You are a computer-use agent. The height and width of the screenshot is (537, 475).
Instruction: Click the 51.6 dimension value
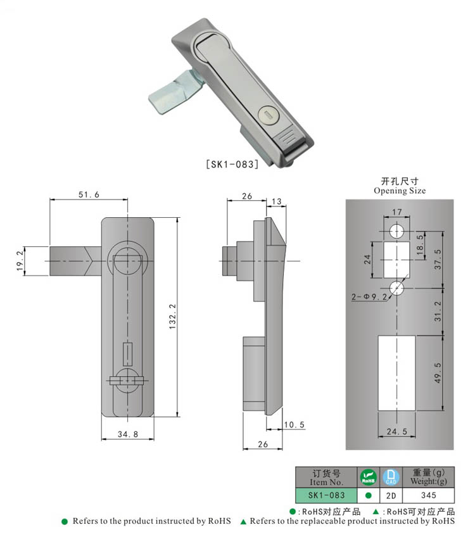tap(89, 195)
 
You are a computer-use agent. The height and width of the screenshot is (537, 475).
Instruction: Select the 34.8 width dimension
tap(126, 434)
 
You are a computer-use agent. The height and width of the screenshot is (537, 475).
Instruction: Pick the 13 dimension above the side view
tap(277, 201)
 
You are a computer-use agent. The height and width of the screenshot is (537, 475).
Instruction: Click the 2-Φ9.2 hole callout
tap(367, 296)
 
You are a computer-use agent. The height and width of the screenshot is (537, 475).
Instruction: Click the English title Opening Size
tap(400, 191)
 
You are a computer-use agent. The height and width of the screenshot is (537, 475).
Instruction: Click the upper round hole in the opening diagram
tap(396, 229)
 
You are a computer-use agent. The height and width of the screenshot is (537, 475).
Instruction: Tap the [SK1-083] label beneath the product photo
tap(232, 164)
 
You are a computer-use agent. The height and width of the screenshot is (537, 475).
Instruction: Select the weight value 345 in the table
tap(428, 495)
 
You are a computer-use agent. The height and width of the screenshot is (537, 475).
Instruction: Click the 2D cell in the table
tap(391, 495)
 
